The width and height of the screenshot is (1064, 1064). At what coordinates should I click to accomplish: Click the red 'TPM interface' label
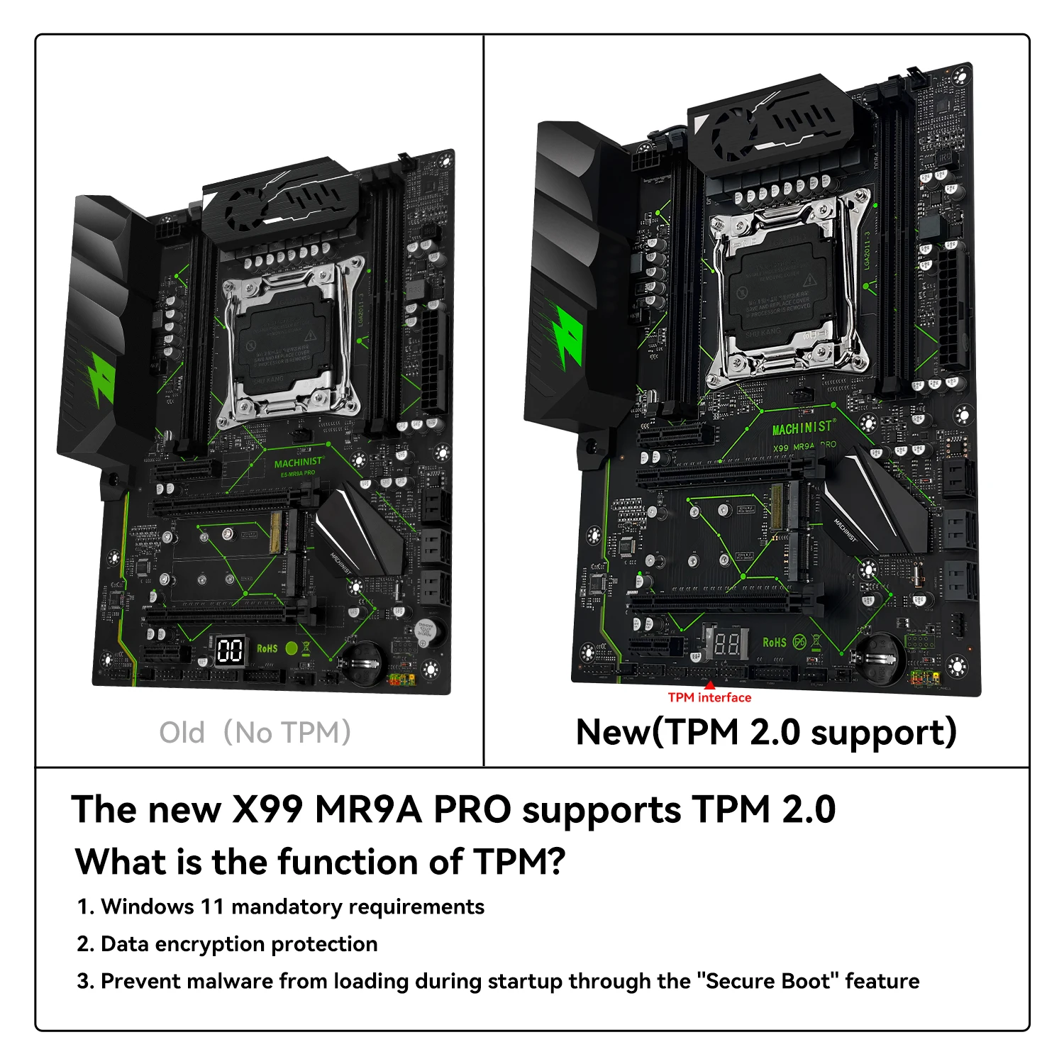coord(709,698)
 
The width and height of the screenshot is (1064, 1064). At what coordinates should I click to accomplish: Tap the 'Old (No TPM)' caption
coord(255,733)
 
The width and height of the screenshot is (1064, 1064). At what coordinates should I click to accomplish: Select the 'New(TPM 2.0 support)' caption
coord(766,733)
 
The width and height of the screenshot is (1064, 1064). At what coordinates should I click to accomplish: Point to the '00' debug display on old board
coord(230,650)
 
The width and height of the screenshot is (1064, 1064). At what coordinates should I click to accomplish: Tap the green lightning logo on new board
coord(568,338)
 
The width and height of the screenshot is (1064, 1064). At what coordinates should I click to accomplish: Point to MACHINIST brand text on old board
coord(299,462)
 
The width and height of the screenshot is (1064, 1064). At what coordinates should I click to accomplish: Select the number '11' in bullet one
coord(212,907)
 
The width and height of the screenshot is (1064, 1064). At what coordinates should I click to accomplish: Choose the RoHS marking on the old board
coord(267,648)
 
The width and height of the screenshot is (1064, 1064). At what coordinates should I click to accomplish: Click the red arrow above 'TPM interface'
coord(709,685)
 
